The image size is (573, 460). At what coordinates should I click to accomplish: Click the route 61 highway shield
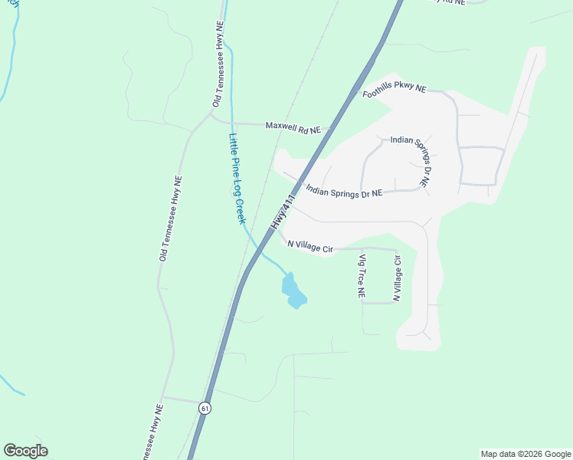pyautogui.click(x=204, y=408)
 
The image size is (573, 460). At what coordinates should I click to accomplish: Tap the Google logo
pyautogui.click(x=25, y=451)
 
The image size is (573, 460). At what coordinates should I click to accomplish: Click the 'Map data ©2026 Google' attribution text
pyautogui.click(x=526, y=454)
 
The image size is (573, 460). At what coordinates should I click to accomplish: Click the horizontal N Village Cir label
pyautogui.click(x=310, y=245)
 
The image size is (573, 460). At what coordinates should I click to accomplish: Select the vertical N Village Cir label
pyautogui.click(x=397, y=278)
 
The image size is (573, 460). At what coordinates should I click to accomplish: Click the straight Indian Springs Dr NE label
pyautogui.click(x=344, y=192)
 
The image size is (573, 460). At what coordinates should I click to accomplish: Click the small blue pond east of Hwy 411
pyautogui.click(x=293, y=290)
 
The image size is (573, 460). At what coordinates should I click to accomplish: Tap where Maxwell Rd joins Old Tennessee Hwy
pyautogui.click(x=211, y=117)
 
